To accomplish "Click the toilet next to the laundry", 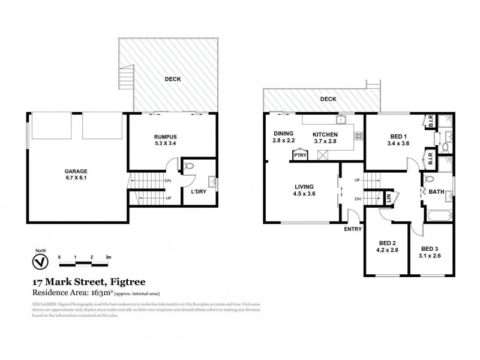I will [x=189, y=166].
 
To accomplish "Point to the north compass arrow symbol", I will [x=40, y=262].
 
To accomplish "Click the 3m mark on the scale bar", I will [x=108, y=257].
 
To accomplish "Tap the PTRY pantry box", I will [x=298, y=155].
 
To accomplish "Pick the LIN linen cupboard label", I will [x=388, y=196].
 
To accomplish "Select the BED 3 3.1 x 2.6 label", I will [x=430, y=252].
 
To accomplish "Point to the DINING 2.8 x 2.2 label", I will [x=284, y=137].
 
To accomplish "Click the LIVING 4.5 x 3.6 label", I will [x=303, y=190].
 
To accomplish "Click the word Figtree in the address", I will [x=125, y=281].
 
